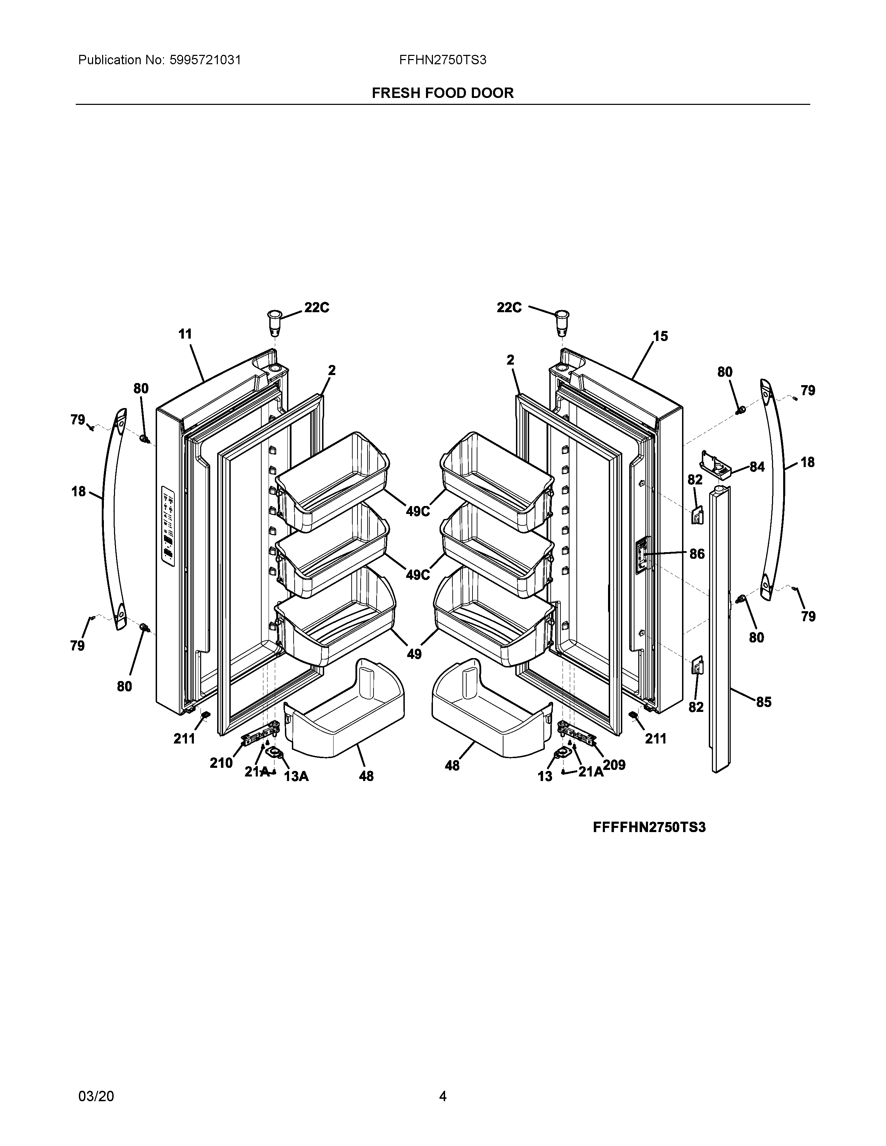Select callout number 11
pos(185,334)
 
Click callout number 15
pos(660,337)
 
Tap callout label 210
pos(221,763)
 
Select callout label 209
pos(614,765)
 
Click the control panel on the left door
pos(168,526)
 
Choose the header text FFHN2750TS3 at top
pos(442,60)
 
